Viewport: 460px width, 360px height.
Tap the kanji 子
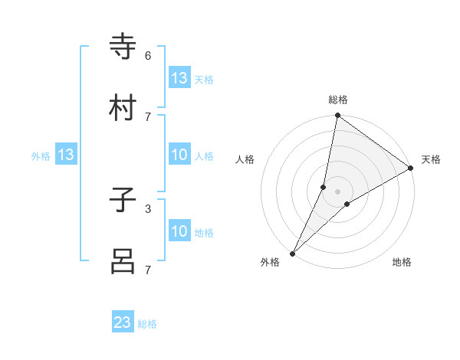pyautogui.click(x=123, y=201)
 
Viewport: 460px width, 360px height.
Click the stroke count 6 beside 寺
pyautogui.click(x=148, y=56)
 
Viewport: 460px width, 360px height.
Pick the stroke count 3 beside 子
pyautogui.click(x=148, y=208)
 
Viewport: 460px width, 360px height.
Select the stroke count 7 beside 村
pyautogui.click(x=148, y=116)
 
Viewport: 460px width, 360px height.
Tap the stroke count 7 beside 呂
pyautogui.click(x=148, y=270)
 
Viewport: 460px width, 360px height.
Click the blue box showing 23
pyautogui.click(x=123, y=322)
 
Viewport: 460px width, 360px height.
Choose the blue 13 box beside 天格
pyautogui.click(x=179, y=78)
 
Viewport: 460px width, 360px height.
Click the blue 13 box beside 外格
pyautogui.click(x=66, y=155)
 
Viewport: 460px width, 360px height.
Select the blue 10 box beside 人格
pyautogui.click(x=179, y=155)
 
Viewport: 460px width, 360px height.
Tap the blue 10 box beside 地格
pyautogui.click(x=179, y=231)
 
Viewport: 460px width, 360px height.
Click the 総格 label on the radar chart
pyautogui.click(x=338, y=100)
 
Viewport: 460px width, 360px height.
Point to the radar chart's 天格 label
pyautogui.click(x=431, y=159)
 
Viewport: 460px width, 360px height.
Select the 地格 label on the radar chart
pyautogui.click(x=402, y=262)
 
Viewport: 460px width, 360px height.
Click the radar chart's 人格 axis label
pyautogui.click(x=245, y=159)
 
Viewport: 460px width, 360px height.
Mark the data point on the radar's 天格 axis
pyautogui.click(x=411, y=168)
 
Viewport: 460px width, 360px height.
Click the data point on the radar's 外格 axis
pyautogui.click(x=292, y=254)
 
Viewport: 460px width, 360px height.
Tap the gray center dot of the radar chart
pyautogui.click(x=338, y=191)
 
